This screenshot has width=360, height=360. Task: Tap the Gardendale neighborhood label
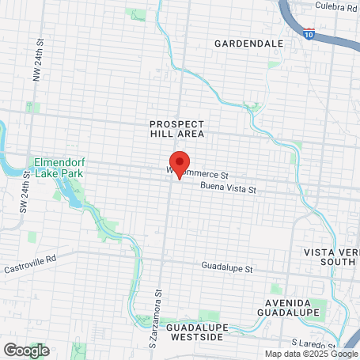(248, 42)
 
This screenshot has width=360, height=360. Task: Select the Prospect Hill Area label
(177, 129)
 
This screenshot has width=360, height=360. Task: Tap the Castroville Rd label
(29, 258)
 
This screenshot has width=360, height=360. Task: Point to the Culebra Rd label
(335, 7)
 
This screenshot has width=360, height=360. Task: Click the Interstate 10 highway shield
(308, 35)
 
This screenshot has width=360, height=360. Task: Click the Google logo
(25, 350)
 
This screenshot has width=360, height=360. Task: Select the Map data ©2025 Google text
(311, 354)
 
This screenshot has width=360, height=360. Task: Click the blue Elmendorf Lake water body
(74, 194)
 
